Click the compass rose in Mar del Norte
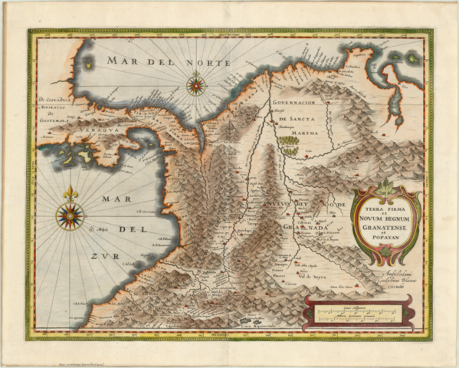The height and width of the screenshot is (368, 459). click(x=195, y=84)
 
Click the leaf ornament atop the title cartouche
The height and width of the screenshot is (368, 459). click(x=385, y=186)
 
